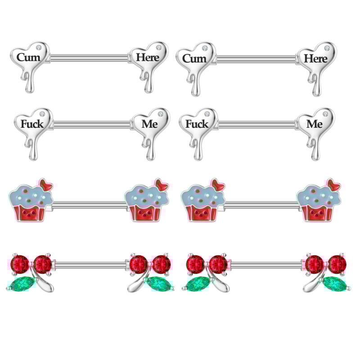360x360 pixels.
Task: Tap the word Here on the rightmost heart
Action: click(x=316, y=58)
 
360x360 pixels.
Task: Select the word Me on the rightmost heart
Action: click(x=315, y=124)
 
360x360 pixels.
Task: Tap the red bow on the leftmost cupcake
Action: click(x=46, y=185)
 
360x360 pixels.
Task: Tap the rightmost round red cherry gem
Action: click(x=338, y=264)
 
